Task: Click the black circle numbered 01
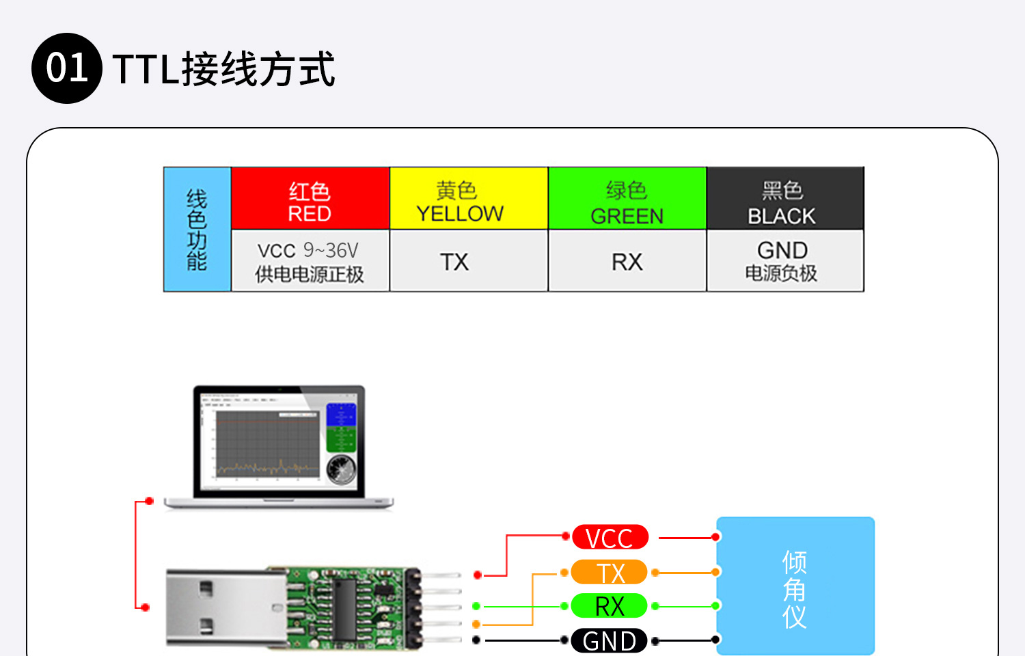[67, 68]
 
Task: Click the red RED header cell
[310, 198]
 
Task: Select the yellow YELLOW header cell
[469, 198]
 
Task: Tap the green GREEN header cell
[627, 198]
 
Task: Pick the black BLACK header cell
[785, 198]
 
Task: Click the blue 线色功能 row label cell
[197, 230]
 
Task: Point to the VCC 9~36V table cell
[310, 261]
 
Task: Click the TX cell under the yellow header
[469, 261]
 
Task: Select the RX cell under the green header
[627, 261]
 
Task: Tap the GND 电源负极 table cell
[785, 261]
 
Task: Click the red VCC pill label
[610, 538]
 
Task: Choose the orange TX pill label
[610, 572]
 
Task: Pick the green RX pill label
[610, 606]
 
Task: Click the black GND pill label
[610, 640]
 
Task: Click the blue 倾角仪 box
[795, 586]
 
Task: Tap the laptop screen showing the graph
[279, 441]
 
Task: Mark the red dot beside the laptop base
[150, 502]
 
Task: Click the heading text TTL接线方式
[223, 69]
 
